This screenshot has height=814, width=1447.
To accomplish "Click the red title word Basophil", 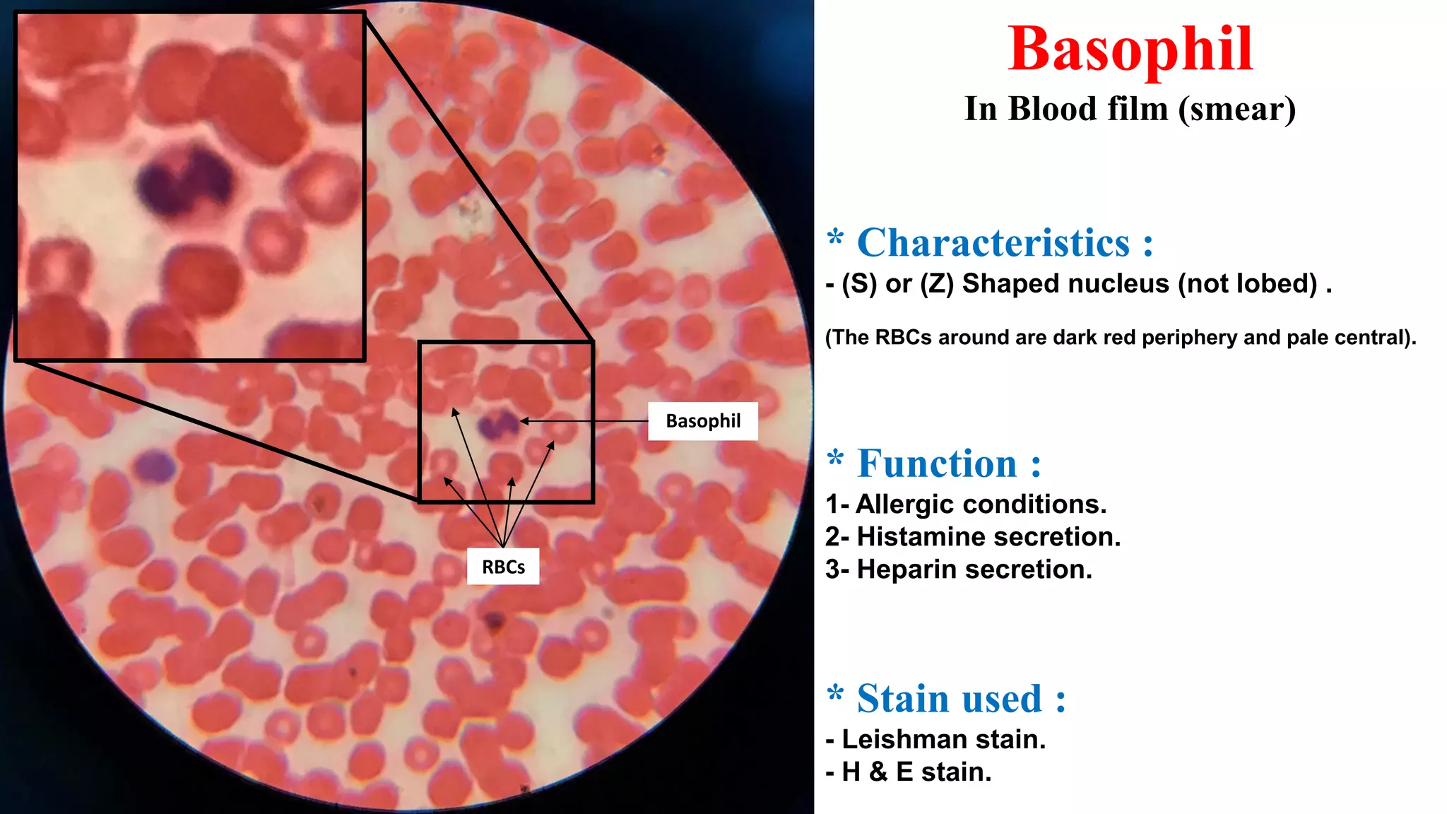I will [1130, 49].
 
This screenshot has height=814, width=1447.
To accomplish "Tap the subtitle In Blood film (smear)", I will [1130, 109].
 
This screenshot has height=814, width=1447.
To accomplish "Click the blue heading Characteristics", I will [993, 243].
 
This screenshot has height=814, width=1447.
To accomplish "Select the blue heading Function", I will [937, 464].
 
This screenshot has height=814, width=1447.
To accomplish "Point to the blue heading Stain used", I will [950, 699].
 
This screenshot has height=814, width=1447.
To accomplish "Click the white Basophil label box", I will [703, 421].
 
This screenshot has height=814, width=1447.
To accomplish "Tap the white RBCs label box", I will [503, 567].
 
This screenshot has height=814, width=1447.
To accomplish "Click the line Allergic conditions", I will [966, 504].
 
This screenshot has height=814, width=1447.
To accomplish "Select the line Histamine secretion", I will [973, 537].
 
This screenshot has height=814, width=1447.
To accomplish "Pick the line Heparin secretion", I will [959, 570].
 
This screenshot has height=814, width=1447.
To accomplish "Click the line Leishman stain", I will [935, 739].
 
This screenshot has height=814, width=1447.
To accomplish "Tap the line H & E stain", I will [909, 772].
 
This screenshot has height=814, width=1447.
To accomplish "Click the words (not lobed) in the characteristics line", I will [1247, 283].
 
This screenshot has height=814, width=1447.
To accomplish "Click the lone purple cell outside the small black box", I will [154, 466].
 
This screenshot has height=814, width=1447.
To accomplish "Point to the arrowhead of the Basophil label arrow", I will [524, 421].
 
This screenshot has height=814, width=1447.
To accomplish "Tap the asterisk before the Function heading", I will [835, 457].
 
